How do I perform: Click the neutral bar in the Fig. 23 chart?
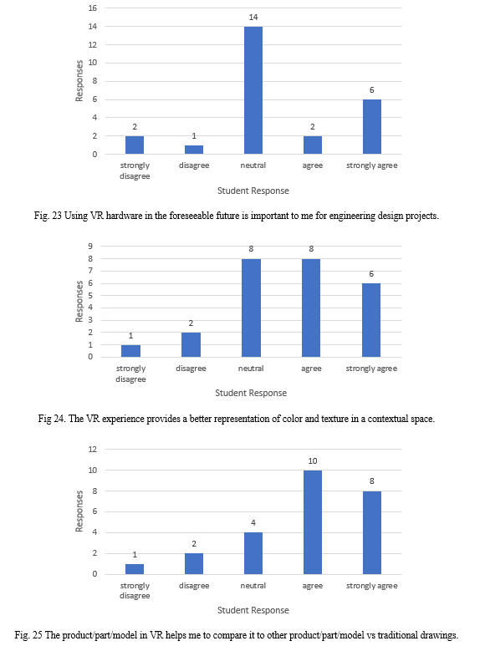[x=253, y=90]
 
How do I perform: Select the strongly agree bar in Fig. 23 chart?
[x=371, y=126]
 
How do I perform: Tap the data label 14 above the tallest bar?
[x=253, y=18]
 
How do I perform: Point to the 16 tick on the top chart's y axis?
[x=93, y=8]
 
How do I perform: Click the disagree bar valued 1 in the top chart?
[x=194, y=150]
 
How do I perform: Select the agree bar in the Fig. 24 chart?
[x=311, y=308]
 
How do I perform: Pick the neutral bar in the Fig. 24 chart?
[x=251, y=308]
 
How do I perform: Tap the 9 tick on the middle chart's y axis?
[x=90, y=246]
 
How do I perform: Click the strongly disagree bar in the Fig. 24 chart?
[x=130, y=351]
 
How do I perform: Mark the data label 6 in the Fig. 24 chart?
[x=371, y=274]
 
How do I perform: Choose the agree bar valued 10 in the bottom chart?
[x=313, y=522]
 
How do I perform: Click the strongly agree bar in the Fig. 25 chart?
[x=371, y=532]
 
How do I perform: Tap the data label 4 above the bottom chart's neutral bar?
[x=253, y=523]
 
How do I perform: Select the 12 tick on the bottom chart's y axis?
[x=93, y=449]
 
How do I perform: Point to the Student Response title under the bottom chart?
[x=253, y=610]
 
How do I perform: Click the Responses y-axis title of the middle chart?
[x=79, y=301]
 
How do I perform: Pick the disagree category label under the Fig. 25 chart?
[x=194, y=586]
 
